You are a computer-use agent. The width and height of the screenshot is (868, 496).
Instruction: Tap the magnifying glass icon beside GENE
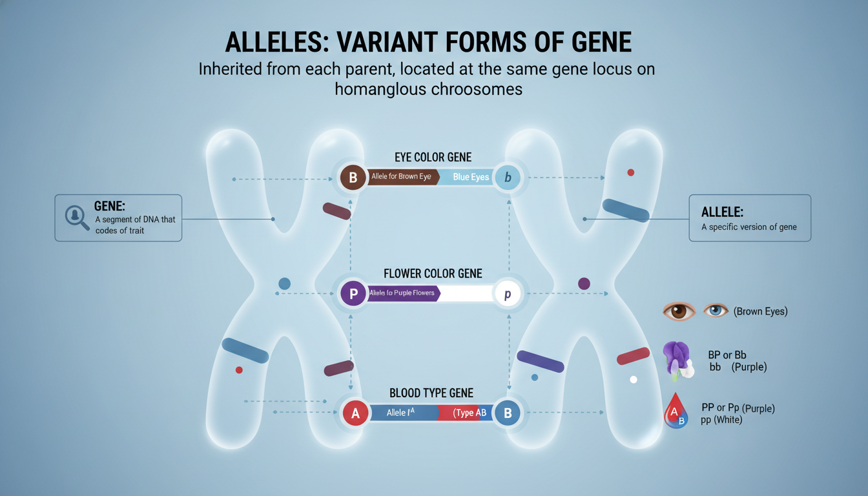(x=77, y=217)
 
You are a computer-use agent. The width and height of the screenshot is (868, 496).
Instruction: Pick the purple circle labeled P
(x=353, y=294)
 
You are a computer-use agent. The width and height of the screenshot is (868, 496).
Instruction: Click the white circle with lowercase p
(x=508, y=294)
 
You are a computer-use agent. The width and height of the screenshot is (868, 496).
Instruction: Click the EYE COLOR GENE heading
(x=433, y=157)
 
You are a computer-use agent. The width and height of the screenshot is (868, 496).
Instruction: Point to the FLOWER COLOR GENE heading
(x=433, y=273)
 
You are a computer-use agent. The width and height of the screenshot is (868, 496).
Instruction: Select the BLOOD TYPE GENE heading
(x=431, y=393)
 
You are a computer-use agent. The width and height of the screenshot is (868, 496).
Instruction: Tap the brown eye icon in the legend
(x=678, y=311)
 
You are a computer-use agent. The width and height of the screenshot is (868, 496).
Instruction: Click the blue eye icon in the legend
(x=715, y=311)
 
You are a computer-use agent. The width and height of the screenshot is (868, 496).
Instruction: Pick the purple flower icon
(x=676, y=360)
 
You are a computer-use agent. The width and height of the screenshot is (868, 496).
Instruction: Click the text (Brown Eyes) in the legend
(x=760, y=311)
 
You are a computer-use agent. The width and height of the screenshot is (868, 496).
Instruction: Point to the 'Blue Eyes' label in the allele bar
(x=471, y=177)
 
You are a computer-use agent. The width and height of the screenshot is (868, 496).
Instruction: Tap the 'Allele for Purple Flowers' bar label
(x=402, y=294)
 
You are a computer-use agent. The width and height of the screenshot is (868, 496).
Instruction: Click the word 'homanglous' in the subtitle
(x=377, y=88)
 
